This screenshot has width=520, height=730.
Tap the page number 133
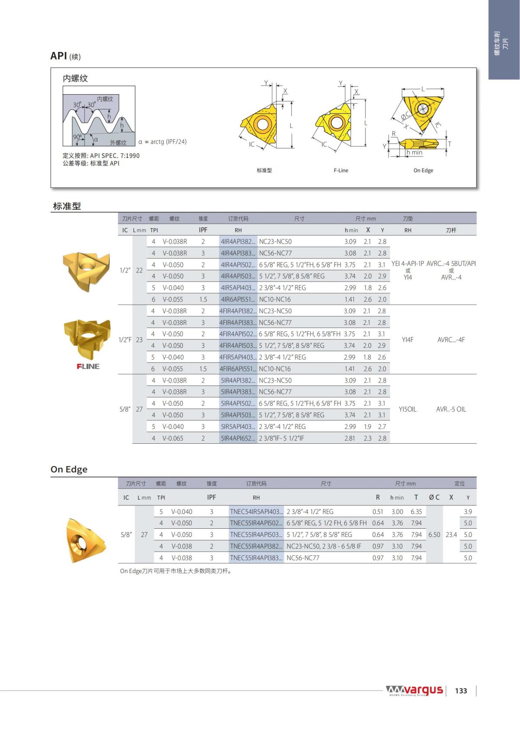pos(461,691)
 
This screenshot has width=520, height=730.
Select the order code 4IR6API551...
pos(238,299)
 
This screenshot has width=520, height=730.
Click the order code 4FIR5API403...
pos(238,357)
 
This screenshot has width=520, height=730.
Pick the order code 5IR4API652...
pos(238,438)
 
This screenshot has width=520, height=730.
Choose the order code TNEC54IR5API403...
pos(256,511)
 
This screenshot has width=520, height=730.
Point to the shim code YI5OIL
pos(407,409)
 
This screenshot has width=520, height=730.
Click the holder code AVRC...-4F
pos(451,340)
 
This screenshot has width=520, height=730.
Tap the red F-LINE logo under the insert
pos(88,366)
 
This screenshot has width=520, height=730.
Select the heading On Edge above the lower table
pos(69,469)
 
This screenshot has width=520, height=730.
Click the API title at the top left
pos(58,56)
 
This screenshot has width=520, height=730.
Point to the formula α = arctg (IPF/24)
pos(162,142)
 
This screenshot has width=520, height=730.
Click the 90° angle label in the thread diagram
pos(78,137)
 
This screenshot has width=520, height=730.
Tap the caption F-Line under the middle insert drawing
pos(341,170)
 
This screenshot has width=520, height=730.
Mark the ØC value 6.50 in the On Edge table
pos(434,535)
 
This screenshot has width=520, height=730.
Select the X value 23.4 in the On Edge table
pos(451,535)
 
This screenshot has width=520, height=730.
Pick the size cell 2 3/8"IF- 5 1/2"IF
pos(281,438)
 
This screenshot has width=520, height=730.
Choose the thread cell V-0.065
pos(173,438)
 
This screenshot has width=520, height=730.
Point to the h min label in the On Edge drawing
pos(414,153)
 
